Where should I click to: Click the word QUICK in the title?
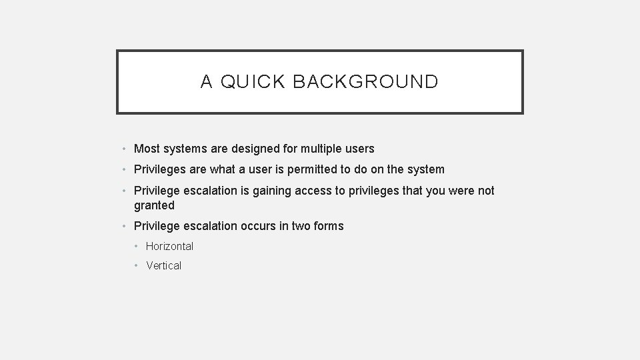pos(253,82)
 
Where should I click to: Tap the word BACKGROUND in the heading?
pos(365,82)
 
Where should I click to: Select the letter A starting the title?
pos(207,82)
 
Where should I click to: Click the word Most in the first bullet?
pos(147,149)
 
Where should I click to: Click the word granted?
pos(154,205)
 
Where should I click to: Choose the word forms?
pos(329,226)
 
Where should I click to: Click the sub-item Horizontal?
pos(169,246)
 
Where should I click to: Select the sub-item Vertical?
pos(163,265)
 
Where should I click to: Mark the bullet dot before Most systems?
pos(125,149)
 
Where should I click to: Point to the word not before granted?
pos(485,191)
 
